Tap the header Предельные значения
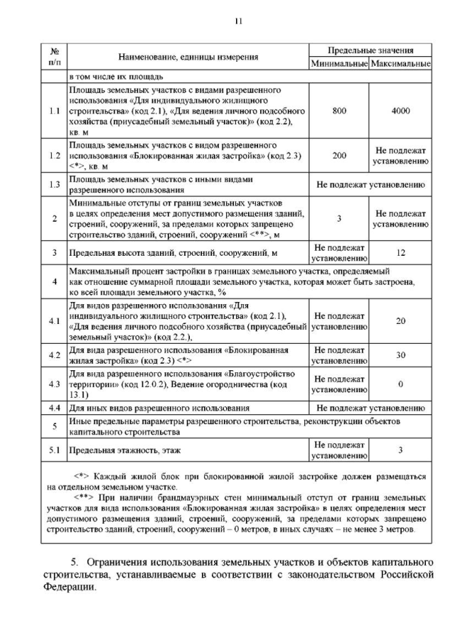pos(370,51)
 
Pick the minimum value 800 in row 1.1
pos(338,112)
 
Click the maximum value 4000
pos(400,112)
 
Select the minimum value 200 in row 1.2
pos(338,155)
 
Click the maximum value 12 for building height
pos(400,252)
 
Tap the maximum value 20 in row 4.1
pos(400,321)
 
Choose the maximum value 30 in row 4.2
pos(400,355)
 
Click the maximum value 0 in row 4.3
pos(400,384)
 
